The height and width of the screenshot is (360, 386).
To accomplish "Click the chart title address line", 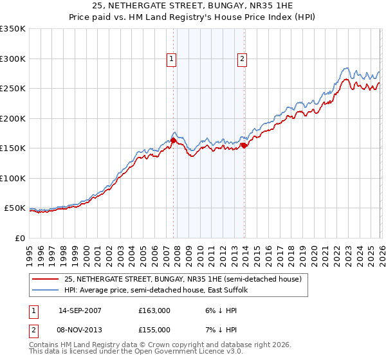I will coord(192,6).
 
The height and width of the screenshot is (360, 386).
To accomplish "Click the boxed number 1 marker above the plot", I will coord(172,60).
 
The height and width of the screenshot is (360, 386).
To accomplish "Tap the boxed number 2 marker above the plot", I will coord(243,60).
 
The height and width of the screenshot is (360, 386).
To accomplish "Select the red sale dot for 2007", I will coord(174,141).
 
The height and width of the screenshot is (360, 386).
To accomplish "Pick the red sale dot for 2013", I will coord(244,145).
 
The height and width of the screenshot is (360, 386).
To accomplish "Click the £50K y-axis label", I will coord(15,208).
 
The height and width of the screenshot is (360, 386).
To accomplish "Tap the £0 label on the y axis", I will coord(21,239).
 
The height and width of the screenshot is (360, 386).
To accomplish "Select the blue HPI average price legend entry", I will coord(160,291).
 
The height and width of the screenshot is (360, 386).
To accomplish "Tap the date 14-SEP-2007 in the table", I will coord(80,310).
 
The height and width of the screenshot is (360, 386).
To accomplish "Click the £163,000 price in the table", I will coord(154,310).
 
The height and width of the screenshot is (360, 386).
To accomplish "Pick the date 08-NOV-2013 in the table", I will coord(80,329).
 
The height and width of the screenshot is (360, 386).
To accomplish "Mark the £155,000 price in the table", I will coord(154,329).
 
